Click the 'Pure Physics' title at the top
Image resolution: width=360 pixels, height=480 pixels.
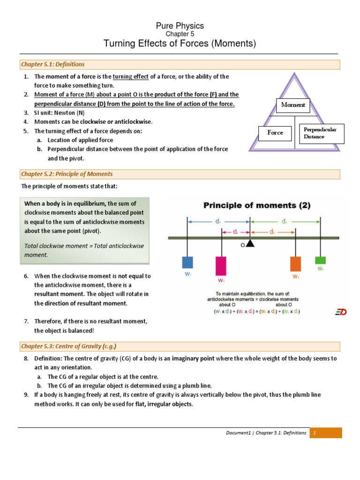pos(180,26)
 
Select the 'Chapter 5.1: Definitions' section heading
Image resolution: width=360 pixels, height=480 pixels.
pos(52,64)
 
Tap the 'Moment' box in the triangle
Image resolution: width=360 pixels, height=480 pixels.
pos(293,105)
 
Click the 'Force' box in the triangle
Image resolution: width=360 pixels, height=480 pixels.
pos(275,133)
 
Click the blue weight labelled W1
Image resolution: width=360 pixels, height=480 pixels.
pos(188,262)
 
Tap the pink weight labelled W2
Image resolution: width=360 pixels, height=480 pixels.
pos(221,266)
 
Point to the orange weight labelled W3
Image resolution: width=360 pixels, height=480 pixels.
pos(295,263)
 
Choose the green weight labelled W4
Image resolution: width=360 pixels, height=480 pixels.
pos(321,260)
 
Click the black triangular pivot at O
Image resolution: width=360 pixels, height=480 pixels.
pos(250,243)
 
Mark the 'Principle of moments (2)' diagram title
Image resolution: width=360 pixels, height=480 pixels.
pos(256,205)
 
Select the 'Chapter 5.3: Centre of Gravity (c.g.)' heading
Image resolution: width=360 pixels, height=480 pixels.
pos(68,346)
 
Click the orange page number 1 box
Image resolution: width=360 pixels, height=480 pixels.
pos(325,433)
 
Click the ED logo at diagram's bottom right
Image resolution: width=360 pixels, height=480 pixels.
pos(341,312)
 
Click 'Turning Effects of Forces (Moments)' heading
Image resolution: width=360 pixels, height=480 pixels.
pos(180,44)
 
